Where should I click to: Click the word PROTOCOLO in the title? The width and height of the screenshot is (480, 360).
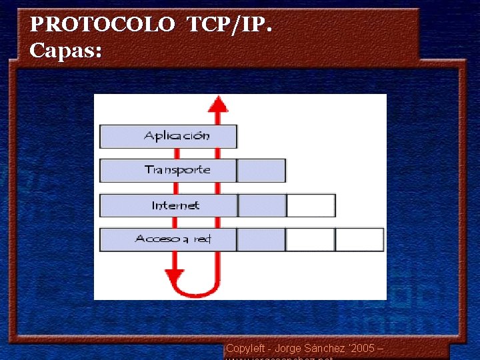[102, 25]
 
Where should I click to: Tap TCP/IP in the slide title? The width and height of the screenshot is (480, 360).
[229, 25]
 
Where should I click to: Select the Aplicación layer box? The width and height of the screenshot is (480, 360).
[168, 136]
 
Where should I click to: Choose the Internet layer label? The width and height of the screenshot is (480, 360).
[175, 205]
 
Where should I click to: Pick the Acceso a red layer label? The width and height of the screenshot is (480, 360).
[173, 239]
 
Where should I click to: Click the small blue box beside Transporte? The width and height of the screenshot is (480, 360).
[261, 170]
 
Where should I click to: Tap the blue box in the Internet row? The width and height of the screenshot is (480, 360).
[262, 205]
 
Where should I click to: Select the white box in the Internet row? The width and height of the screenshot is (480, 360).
[311, 205]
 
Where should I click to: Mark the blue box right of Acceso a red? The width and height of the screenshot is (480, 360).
[261, 239]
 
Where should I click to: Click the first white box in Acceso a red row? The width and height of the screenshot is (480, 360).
[310, 239]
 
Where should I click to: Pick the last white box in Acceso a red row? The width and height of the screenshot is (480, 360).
[359, 239]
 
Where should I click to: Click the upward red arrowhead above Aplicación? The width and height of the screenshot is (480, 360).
[217, 104]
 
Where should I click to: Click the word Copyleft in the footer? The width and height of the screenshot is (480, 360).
[245, 349]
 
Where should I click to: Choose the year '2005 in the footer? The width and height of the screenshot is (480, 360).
[361, 349]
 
